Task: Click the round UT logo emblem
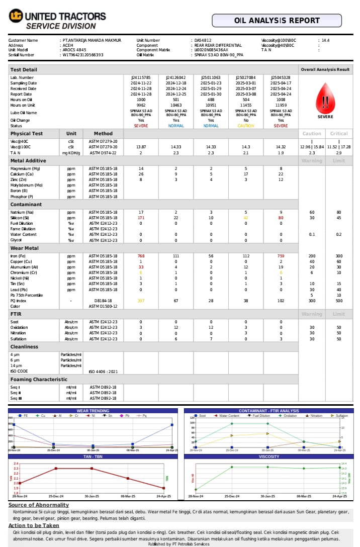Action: click(16, 16)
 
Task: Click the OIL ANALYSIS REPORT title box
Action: click(277, 21)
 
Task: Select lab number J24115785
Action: click(141, 78)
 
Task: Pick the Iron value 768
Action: click(141, 256)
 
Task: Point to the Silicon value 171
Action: click(141, 218)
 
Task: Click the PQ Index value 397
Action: click(141, 301)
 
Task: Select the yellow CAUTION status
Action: click(246, 126)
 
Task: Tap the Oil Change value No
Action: click(246, 121)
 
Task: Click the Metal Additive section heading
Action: click(29, 161)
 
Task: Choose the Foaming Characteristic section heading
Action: click(39, 380)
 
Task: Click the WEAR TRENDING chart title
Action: click(93, 411)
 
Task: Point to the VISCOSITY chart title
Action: click(269, 457)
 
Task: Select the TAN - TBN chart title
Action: click(93, 457)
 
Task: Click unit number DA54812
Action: click(203, 40)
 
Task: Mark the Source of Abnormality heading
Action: click(39, 505)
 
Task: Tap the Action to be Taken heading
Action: click(34, 525)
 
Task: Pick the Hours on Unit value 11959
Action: click(281, 105)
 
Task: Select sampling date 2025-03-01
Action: click(246, 83)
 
